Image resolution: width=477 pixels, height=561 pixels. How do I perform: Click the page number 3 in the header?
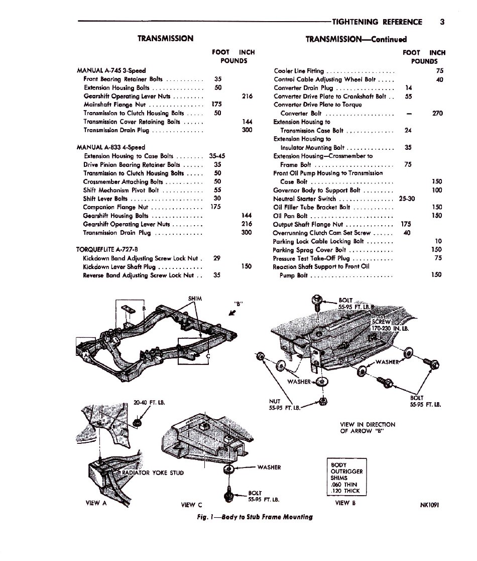[441, 22]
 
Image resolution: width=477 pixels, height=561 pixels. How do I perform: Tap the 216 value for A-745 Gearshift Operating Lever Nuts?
[247, 96]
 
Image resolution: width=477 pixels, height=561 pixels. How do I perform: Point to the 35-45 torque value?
[217, 156]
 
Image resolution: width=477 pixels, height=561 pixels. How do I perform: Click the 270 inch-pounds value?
[437, 113]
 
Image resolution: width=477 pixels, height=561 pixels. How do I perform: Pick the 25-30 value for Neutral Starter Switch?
[407, 199]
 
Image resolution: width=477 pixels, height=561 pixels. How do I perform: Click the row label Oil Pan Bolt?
[290, 216]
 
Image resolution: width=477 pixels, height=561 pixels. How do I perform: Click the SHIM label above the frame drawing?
[195, 298]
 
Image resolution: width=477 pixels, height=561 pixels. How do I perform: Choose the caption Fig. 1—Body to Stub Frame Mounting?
[255, 517]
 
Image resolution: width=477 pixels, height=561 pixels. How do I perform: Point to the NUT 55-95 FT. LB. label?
[285, 404]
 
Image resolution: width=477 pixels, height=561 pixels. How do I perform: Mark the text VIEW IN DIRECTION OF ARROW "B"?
[368, 427]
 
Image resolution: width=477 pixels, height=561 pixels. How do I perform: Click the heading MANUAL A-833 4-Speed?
[110, 147]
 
